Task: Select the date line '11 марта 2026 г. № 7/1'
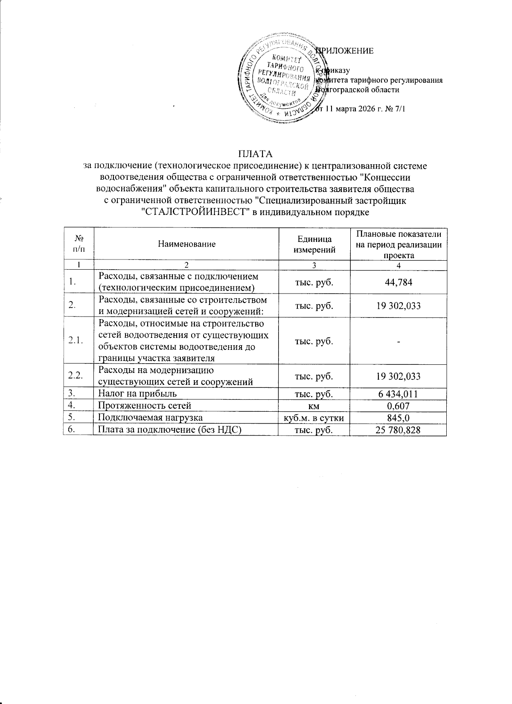click(361, 109)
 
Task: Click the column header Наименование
click(186, 244)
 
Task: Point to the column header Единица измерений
click(314, 244)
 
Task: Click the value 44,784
click(398, 282)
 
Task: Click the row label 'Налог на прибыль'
click(137, 394)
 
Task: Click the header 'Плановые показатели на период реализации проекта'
click(398, 244)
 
